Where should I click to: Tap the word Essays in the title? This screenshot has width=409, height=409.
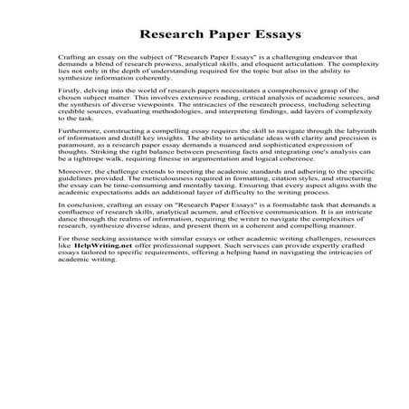tap(247, 35)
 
